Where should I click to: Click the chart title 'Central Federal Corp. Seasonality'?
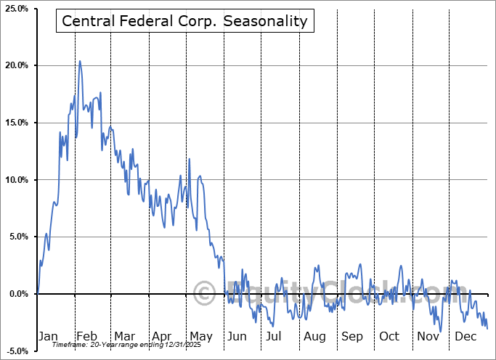pyautogui.click(x=184, y=22)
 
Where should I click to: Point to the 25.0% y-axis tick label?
pyautogui.click(x=15, y=9)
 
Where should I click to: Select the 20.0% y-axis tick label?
pyautogui.click(x=15, y=66)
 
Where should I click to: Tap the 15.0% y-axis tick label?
pyautogui.click(x=15, y=123)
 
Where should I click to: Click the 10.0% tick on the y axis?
pyautogui.click(x=15, y=180)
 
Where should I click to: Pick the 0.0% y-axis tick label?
pyautogui.click(x=17, y=294)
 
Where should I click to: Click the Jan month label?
pyautogui.click(x=47, y=336)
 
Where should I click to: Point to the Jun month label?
pyautogui.click(x=237, y=336)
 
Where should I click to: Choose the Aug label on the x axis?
pyautogui.click(x=314, y=336)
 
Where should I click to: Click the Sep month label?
pyautogui.click(x=352, y=336)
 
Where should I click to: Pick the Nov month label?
pyautogui.click(x=428, y=336)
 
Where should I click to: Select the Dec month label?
pyautogui.click(x=465, y=336)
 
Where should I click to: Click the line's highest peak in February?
pyautogui.click(x=80, y=61)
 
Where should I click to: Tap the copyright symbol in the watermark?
pyautogui.click(x=205, y=294)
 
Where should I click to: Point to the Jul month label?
pyautogui.click(x=275, y=336)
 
